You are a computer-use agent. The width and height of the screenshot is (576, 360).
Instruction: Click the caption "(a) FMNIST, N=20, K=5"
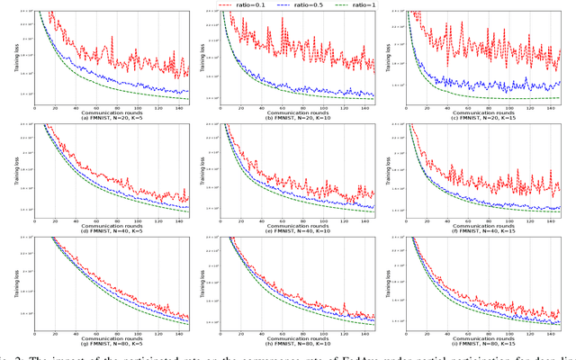coord(112,116)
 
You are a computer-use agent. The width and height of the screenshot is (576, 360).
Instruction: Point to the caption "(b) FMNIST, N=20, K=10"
coord(297,116)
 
